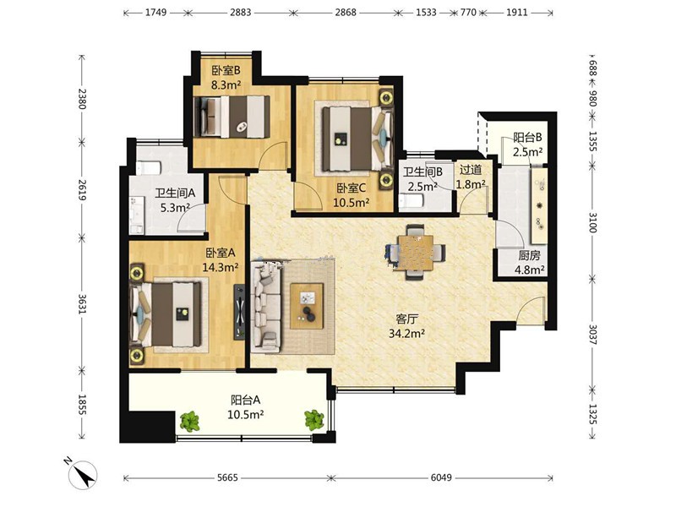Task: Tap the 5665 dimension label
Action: (227, 477)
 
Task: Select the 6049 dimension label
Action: (441, 477)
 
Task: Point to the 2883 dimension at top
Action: (240, 12)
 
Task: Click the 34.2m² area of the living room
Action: (407, 333)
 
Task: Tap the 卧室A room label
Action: (221, 253)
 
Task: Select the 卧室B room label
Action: (226, 70)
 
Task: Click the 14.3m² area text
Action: (221, 267)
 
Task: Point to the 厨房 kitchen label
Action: (529, 256)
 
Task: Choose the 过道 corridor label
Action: (471, 170)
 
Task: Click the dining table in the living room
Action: (416, 253)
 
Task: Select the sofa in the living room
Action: (266, 305)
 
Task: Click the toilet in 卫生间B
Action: (411, 202)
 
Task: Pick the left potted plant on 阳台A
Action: (189, 422)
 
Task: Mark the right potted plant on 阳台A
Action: (314, 420)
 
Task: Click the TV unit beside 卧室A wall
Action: (239, 312)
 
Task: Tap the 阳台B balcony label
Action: (527, 138)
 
